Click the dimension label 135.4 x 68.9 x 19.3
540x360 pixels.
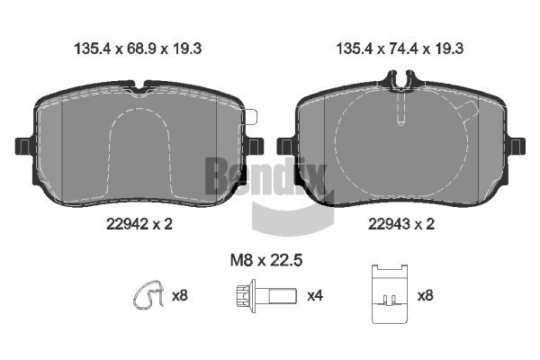pyautogui.click(x=138, y=49)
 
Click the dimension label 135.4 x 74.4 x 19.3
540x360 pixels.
pyautogui.click(x=400, y=49)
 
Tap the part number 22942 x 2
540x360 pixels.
pyautogui.click(x=139, y=224)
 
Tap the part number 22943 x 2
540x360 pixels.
pyautogui.click(x=401, y=224)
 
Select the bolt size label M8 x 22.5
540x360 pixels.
pyautogui.click(x=266, y=260)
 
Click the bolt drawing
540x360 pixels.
pyautogui.click(x=267, y=296)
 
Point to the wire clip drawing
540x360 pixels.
pyautogui.click(x=148, y=294)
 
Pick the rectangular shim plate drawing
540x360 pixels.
pyautogui.click(x=390, y=294)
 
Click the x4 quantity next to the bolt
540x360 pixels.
pyautogui.click(x=315, y=295)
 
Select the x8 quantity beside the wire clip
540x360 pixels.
pyautogui.click(x=180, y=295)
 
